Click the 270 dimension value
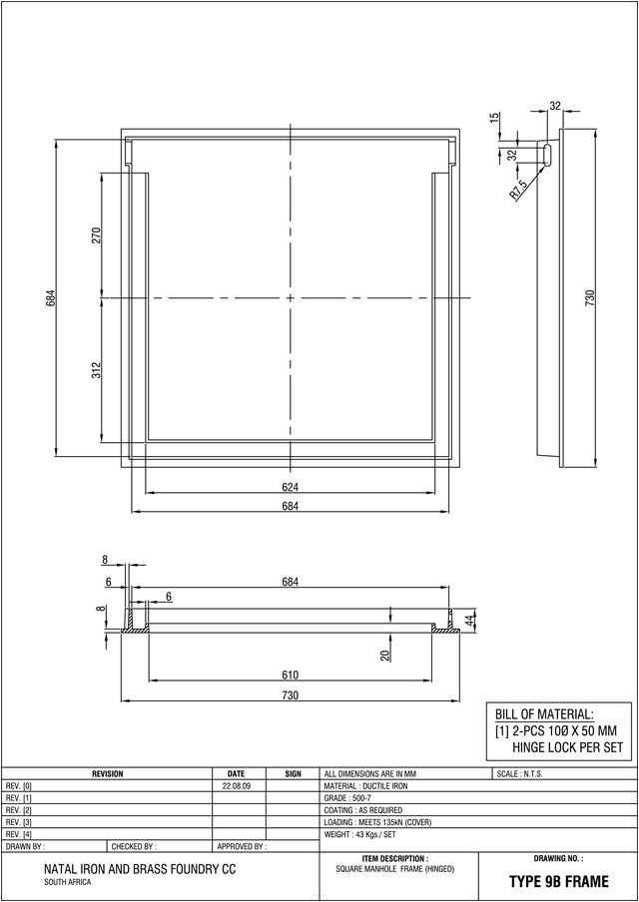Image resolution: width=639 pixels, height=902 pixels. [x=97, y=235]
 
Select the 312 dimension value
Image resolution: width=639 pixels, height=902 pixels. [x=97, y=370]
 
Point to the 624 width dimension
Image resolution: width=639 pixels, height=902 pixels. [x=291, y=488]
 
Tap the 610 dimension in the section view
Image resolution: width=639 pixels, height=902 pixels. [x=291, y=676]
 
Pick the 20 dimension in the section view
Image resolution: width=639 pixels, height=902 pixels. [x=385, y=655]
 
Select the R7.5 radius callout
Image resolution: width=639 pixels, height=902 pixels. [x=518, y=190]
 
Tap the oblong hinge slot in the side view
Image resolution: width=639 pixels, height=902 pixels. [x=546, y=155]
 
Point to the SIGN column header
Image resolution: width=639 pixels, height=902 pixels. [x=293, y=774]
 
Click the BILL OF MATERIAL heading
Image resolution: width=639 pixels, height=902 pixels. [x=544, y=714]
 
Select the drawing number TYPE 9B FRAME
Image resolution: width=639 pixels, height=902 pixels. [x=558, y=882]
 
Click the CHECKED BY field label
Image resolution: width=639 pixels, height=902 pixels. [x=134, y=846]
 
